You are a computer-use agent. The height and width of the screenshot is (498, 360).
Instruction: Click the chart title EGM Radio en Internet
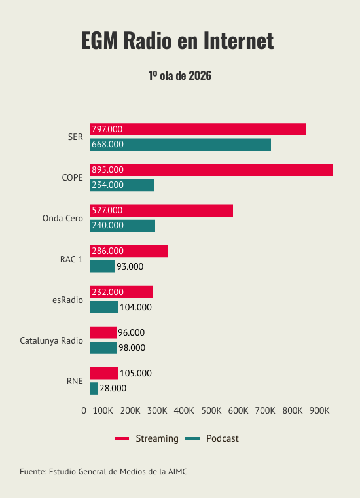click(177, 41)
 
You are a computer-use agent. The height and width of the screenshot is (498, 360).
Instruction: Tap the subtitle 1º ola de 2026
click(180, 76)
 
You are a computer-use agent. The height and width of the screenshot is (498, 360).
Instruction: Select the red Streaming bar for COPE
click(211, 170)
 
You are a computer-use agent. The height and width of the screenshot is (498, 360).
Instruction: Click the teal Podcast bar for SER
click(181, 145)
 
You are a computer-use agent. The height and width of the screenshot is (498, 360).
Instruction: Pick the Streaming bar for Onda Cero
click(162, 211)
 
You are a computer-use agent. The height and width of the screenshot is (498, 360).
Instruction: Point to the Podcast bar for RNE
click(94, 389)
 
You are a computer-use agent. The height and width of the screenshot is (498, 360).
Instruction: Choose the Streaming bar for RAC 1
click(129, 251)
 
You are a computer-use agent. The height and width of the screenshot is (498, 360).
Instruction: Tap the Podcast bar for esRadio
click(104, 307)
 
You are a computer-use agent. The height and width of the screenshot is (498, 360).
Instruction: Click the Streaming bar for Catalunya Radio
click(103, 332)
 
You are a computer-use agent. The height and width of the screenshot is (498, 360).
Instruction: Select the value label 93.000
click(130, 266)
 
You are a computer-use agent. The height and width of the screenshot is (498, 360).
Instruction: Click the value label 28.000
click(113, 389)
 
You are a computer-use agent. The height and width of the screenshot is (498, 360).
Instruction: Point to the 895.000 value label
click(108, 170)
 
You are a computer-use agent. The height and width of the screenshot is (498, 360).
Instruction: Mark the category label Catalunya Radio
click(52, 340)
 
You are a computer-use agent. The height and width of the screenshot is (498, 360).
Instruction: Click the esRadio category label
click(67, 300)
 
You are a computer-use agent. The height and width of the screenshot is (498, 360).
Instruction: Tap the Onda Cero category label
click(63, 218)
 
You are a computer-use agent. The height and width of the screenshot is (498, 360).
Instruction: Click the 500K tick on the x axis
click(211, 411)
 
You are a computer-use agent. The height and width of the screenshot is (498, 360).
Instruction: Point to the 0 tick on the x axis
click(84, 411)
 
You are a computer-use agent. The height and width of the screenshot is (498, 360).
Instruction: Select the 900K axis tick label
click(319, 411)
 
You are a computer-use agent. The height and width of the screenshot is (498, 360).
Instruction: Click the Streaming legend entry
click(147, 438)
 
